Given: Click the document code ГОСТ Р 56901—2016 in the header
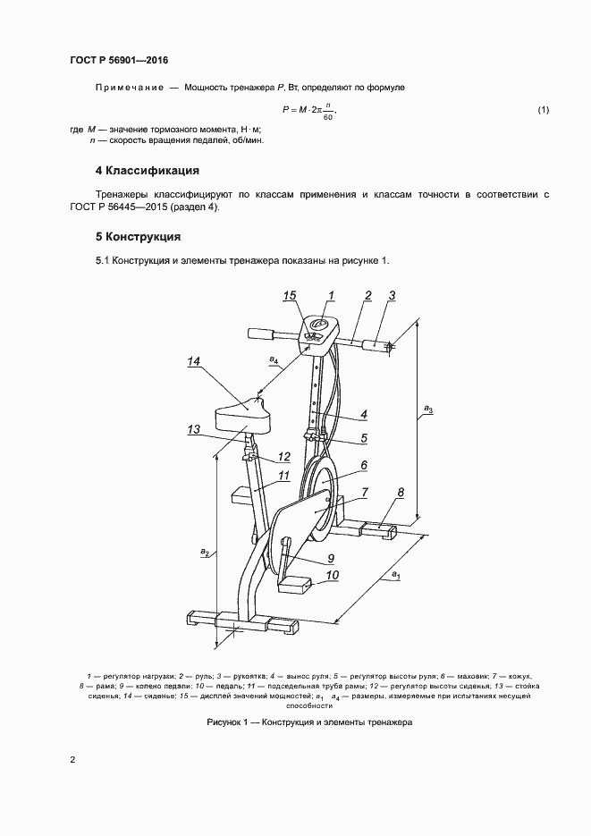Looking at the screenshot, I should pos(119,61).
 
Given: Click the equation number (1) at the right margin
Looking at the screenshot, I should pos(542,110).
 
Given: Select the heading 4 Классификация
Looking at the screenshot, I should pos(147,171).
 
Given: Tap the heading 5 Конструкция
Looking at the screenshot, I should pos(138,238).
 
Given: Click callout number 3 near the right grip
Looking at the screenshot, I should pos(392,295).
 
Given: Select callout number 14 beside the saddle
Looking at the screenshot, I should pos(194,361).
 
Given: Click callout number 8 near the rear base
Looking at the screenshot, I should pos(400,493).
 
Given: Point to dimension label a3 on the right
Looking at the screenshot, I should pos(428,410).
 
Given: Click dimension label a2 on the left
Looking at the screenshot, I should pos(205,553).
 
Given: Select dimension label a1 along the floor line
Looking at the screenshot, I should pos(392,577).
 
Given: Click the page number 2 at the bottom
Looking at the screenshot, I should pos(72,760).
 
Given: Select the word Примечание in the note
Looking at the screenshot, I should pos(128,88).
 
